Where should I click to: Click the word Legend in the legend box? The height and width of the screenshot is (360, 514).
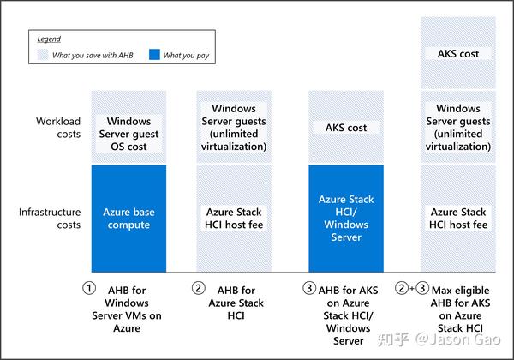pyautogui.click(x=49, y=39)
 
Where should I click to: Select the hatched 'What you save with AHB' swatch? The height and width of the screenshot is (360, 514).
pyautogui.click(x=43, y=55)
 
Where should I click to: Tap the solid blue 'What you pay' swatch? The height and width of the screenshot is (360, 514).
pyautogui.click(x=154, y=54)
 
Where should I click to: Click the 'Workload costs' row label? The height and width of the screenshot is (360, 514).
pyautogui.click(x=58, y=128)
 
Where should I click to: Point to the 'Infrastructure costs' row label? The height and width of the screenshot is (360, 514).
pyautogui.click(x=50, y=219)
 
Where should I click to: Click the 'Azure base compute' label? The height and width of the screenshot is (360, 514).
pyautogui.click(x=128, y=219)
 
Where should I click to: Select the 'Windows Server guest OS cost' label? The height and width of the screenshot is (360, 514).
pyautogui.click(x=128, y=134)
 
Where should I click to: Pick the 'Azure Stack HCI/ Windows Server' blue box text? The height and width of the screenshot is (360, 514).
pyautogui.click(x=346, y=219)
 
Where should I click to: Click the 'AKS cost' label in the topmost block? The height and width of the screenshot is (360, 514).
pyautogui.click(x=458, y=54)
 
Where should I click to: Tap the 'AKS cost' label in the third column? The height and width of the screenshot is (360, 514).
pyautogui.click(x=346, y=128)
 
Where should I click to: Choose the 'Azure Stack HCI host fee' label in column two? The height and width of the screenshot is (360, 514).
pyautogui.click(x=234, y=219)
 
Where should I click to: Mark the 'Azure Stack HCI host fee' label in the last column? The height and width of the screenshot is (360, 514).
pyautogui.click(x=458, y=219)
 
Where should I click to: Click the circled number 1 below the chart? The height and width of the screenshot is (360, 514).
pyautogui.click(x=89, y=288)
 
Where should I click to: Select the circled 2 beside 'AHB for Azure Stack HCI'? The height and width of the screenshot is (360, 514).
pyautogui.click(x=199, y=288)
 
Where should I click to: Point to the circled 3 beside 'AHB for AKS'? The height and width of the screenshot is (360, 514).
pyautogui.click(x=309, y=288)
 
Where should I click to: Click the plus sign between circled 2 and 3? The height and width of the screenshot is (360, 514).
pyautogui.click(x=412, y=289)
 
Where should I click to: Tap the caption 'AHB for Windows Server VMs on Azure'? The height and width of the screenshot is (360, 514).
pyautogui.click(x=127, y=309)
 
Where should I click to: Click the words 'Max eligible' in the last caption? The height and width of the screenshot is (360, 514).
pyautogui.click(x=461, y=291)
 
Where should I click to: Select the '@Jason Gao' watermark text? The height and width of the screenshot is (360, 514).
pyautogui.click(x=458, y=339)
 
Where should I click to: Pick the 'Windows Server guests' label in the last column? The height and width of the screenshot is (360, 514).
pyautogui.click(x=458, y=115)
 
